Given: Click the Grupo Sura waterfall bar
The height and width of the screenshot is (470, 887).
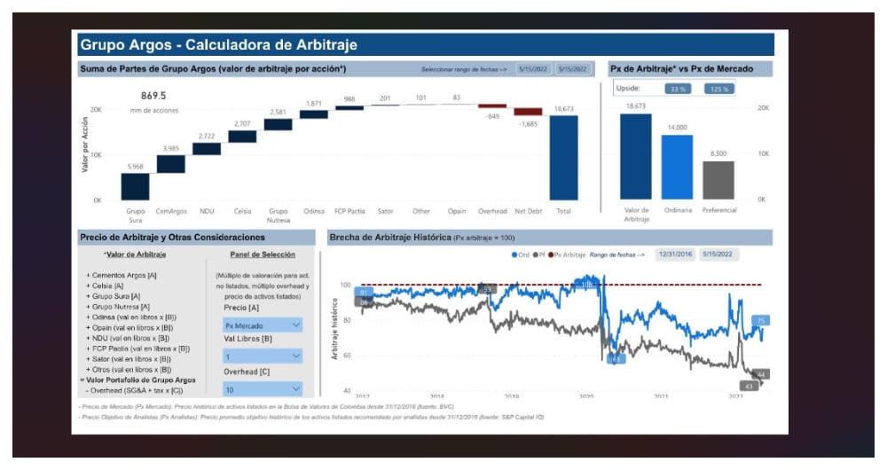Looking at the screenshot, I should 135,186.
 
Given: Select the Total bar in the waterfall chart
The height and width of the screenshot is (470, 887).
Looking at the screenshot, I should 563,157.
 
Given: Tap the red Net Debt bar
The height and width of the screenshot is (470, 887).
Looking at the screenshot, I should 528,112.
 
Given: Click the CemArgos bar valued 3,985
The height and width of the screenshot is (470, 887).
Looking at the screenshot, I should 170,164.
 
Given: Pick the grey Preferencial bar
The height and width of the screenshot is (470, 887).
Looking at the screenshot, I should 718,180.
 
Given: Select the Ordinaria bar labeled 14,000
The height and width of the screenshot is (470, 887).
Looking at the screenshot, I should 677,167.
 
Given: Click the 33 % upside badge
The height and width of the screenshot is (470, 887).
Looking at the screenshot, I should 679,89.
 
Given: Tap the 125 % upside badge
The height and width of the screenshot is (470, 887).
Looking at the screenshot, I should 718,89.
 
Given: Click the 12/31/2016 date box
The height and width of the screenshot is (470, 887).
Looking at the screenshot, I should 675,254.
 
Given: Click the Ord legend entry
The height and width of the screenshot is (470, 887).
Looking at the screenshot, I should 521,255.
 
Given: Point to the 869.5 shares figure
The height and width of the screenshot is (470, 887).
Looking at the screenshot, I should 153,96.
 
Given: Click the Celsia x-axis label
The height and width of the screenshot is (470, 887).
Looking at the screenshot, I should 242,211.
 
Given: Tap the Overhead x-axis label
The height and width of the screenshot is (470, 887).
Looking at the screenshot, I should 491,211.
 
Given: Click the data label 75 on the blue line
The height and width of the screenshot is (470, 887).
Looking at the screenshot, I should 760,321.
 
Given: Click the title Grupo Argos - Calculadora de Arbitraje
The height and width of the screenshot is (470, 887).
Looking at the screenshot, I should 218,44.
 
